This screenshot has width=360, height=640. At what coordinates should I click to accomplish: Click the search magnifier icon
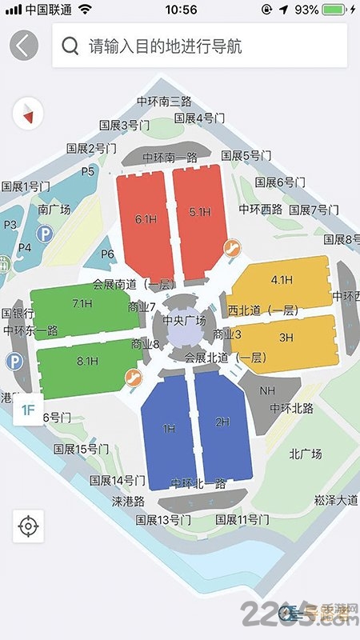point(70,46)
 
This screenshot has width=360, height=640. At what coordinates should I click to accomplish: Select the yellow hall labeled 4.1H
point(282,280)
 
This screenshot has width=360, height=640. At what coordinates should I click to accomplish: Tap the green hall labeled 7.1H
point(82,304)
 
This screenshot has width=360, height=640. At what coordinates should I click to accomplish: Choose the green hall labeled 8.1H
point(86,362)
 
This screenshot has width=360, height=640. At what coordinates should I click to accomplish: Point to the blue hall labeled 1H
point(169,430)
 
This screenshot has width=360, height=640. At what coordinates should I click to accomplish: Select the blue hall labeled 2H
point(222,422)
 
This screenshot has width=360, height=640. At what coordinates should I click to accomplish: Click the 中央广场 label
point(185,321)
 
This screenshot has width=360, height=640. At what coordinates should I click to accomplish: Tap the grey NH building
point(268,391)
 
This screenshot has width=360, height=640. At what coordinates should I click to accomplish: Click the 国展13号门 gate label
point(163,520)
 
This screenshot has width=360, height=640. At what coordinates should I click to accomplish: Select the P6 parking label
point(108,254)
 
